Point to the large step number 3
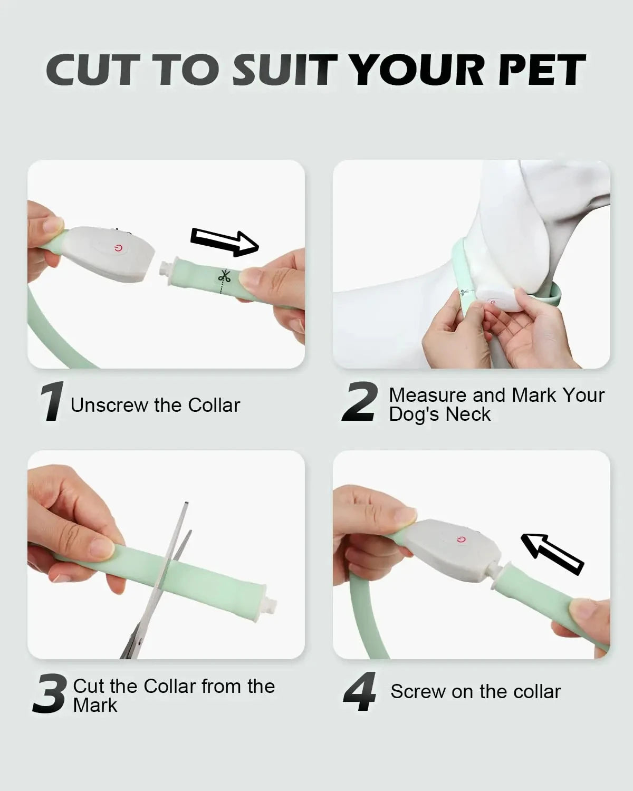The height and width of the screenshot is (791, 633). (x=50, y=693)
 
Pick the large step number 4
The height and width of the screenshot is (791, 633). (x=360, y=691)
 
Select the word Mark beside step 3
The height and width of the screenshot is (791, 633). (x=95, y=706)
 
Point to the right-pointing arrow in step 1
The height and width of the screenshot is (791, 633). (x=225, y=242)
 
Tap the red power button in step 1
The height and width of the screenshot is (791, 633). (x=118, y=249)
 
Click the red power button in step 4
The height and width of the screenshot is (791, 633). (x=461, y=539)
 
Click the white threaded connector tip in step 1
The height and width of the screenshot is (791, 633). (x=166, y=267)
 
